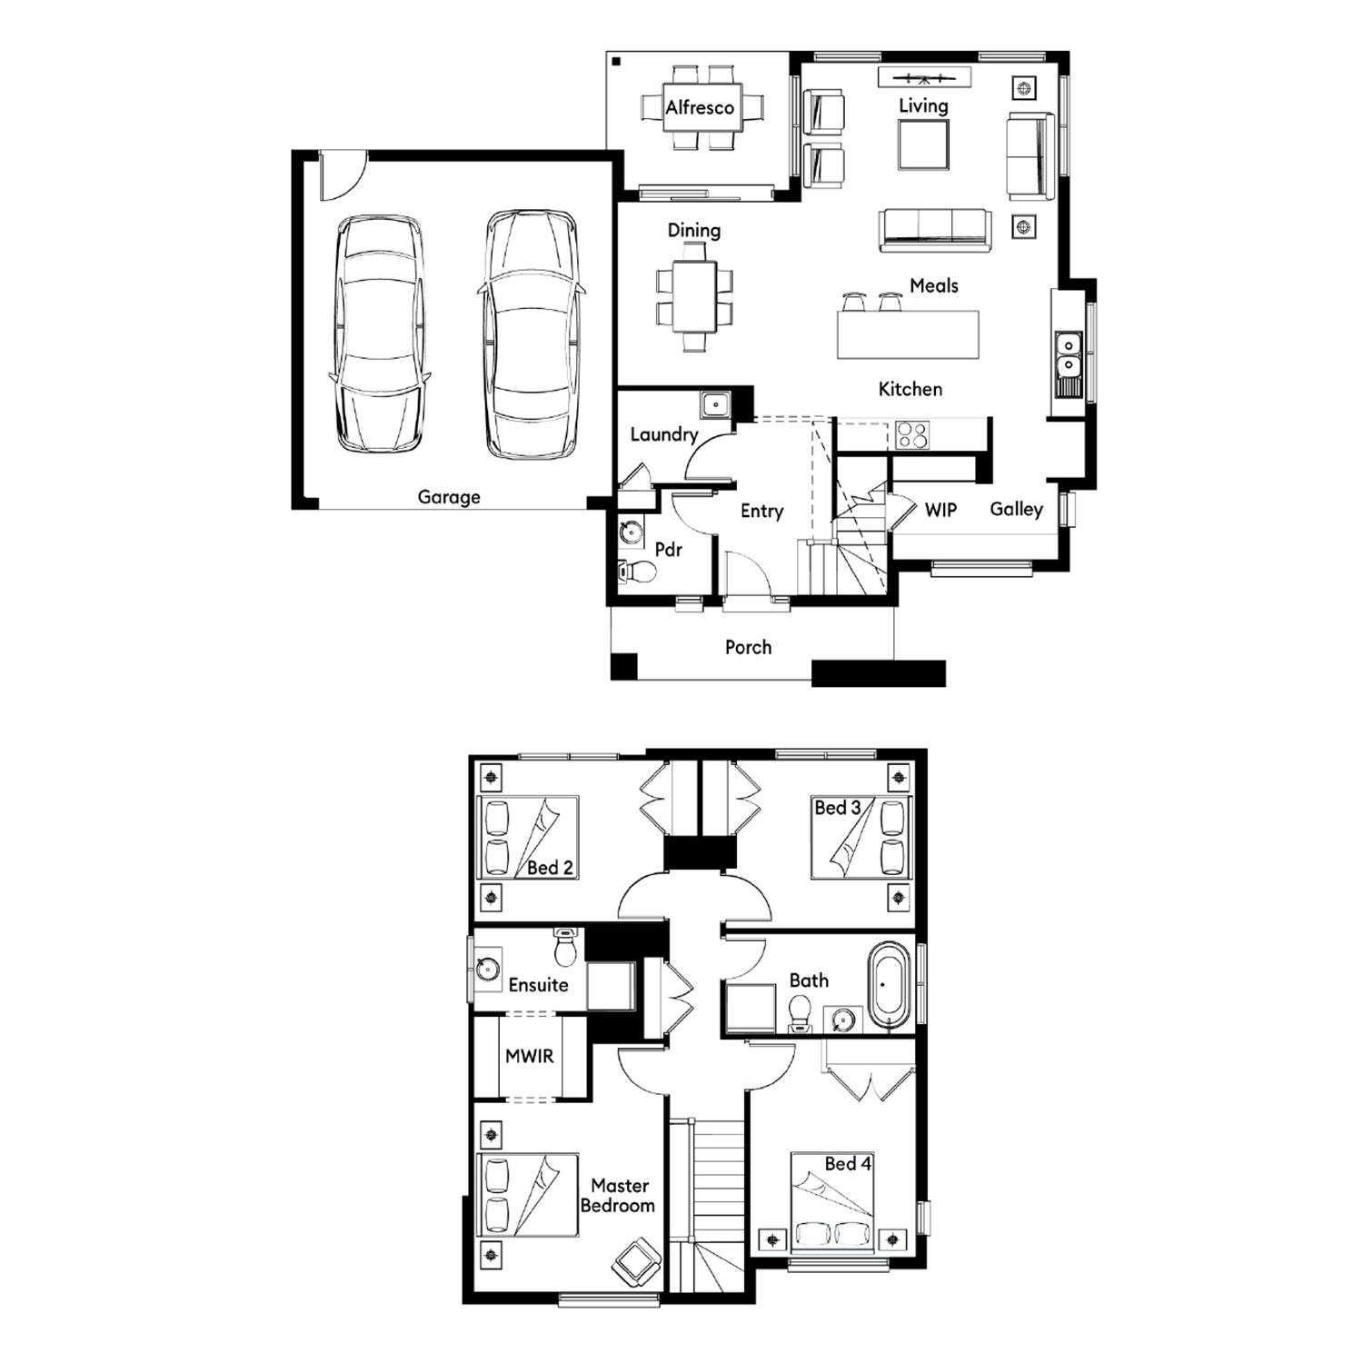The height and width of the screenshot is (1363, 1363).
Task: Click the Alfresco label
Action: tap(700, 107)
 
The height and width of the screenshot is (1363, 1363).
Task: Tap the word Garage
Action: tap(449, 497)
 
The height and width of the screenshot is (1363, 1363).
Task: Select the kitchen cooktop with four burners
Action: tap(912, 434)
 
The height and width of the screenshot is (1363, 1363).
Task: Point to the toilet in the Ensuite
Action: tap(566, 948)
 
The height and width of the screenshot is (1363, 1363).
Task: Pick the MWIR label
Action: tap(529, 1056)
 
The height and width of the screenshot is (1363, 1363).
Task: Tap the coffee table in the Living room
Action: tap(923, 144)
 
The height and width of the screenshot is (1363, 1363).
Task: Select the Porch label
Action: tap(748, 647)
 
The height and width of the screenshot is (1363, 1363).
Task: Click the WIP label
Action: tap(940, 510)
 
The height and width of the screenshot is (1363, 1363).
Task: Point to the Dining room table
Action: tap(694, 297)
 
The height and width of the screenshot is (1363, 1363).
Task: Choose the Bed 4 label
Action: tap(848, 1163)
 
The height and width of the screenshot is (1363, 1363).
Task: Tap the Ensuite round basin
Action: tap(489, 969)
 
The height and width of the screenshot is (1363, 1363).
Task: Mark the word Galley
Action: tap(1016, 509)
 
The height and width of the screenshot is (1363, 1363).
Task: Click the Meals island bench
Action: tap(908, 334)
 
